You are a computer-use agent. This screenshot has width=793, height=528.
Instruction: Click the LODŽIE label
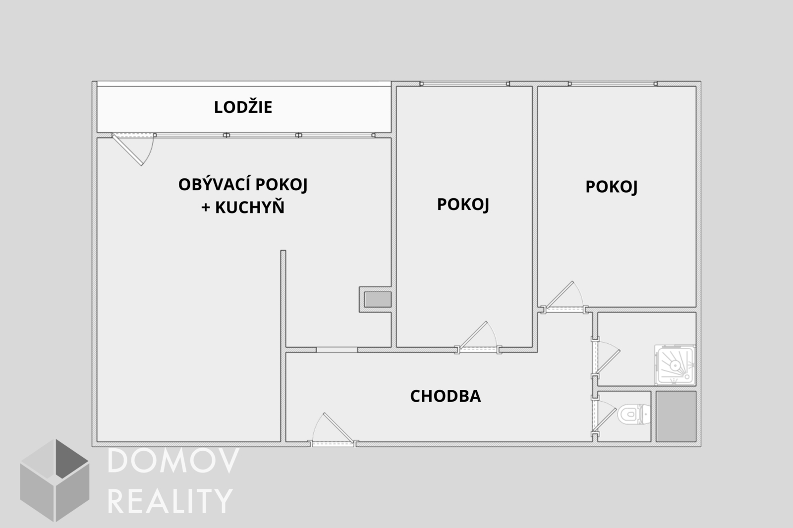[x=243, y=107]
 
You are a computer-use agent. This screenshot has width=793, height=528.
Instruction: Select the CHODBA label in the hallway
[x=446, y=396]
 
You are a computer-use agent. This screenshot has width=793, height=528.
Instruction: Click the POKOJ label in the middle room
[x=463, y=204]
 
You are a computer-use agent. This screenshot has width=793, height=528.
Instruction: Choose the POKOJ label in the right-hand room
[x=612, y=187]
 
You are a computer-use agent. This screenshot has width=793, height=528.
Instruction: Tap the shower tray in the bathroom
[x=675, y=365]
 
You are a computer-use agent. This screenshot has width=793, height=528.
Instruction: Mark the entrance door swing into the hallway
[x=333, y=429]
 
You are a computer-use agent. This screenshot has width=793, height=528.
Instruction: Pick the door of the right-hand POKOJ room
[x=564, y=297]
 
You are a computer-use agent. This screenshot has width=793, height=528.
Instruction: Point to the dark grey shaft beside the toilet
[x=676, y=416]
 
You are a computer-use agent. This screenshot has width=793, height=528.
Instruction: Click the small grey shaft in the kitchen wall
[x=378, y=300]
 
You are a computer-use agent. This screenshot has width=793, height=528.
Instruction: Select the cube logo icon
[x=55, y=480]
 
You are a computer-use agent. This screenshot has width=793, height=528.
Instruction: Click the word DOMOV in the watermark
[x=173, y=461]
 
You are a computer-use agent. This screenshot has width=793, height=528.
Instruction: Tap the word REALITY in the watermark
[x=170, y=501]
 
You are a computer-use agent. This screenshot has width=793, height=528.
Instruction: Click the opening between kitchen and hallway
[x=337, y=350]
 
